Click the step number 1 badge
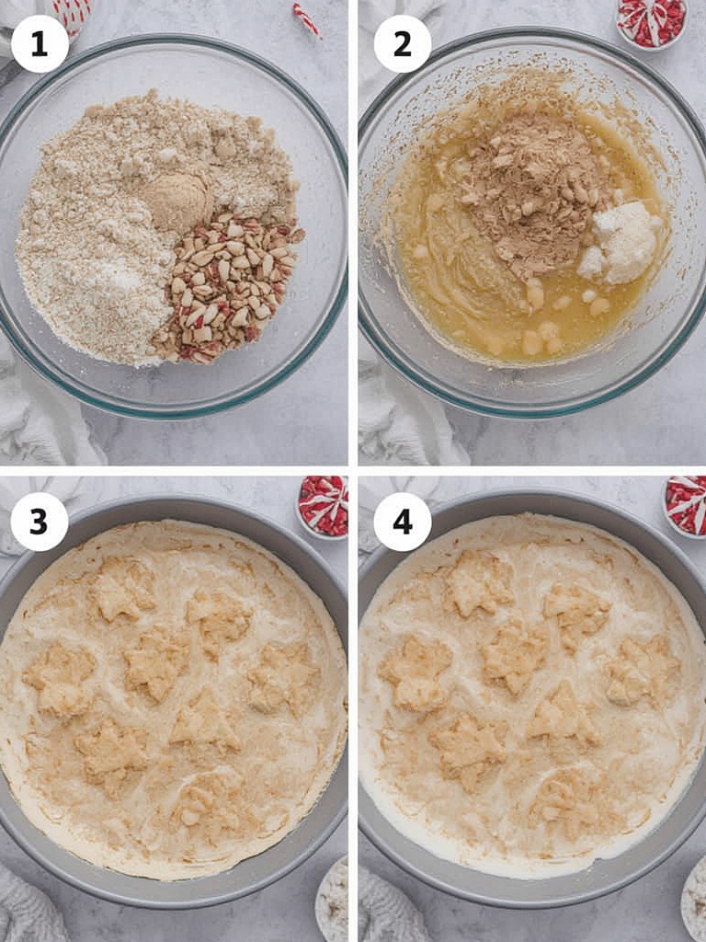point(40,44)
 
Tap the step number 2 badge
point(403,44)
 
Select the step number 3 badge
point(39,523)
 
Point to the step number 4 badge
point(403,523)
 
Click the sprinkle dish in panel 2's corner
point(652,23)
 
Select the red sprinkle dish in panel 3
point(324,506)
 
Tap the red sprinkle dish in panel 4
point(686,506)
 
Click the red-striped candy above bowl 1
point(306,18)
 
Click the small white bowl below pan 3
point(332,902)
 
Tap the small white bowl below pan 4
point(694,902)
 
